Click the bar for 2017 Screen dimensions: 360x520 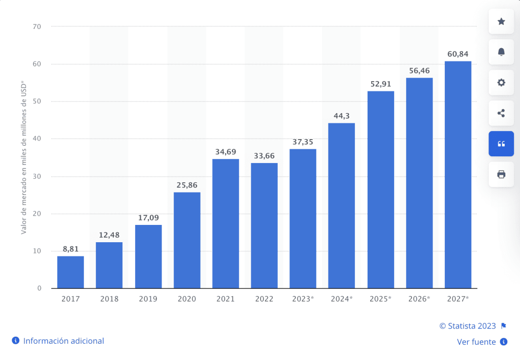(71, 272)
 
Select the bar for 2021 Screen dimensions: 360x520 (225, 223)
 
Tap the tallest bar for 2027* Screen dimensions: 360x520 (458, 175)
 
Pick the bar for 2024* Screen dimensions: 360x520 (341, 206)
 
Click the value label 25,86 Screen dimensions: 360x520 (187, 185)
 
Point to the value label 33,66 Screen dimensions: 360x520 (264, 155)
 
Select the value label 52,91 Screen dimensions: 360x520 (380, 84)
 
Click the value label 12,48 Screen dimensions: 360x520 (109, 235)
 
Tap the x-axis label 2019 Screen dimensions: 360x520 (148, 299)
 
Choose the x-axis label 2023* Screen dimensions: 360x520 (303, 299)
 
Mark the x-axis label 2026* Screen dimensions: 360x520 (419, 299)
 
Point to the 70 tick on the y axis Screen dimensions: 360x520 (37, 26)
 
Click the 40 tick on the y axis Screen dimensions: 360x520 (37, 139)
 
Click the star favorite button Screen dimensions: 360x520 (501, 21)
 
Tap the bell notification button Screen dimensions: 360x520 (501, 52)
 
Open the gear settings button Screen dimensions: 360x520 (501, 82)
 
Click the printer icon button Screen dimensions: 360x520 (501, 175)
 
